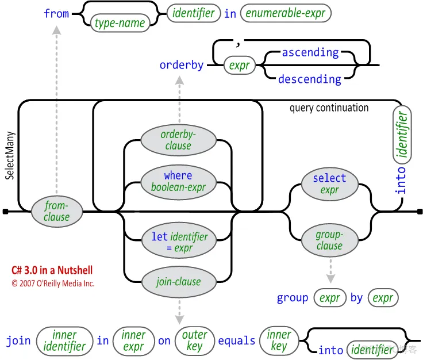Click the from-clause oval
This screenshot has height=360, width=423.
[x=56, y=211]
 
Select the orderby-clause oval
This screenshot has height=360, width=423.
[x=178, y=140]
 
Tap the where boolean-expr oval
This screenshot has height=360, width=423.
[x=178, y=181]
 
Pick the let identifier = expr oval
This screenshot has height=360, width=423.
[x=178, y=242]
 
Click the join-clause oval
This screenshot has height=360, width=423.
[x=178, y=282]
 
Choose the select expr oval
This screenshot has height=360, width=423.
[x=329, y=184]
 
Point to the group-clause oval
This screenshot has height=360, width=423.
[x=329, y=240]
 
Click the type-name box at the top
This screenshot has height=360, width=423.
[x=120, y=24]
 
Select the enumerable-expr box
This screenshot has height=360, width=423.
[x=286, y=13]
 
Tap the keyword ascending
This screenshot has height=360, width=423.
[x=310, y=52]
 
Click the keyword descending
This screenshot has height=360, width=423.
[x=309, y=79]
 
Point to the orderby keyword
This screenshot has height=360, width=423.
[x=182, y=65]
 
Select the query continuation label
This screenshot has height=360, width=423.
[x=329, y=108]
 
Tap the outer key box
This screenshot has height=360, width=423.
[x=194, y=340]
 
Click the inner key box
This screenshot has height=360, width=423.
[x=279, y=340]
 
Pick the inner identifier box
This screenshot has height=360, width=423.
[x=64, y=340]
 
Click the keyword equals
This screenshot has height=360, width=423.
[x=236, y=341]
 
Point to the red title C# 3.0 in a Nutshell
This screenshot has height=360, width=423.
[x=52, y=270]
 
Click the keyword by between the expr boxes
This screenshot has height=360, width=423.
[x=356, y=298]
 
